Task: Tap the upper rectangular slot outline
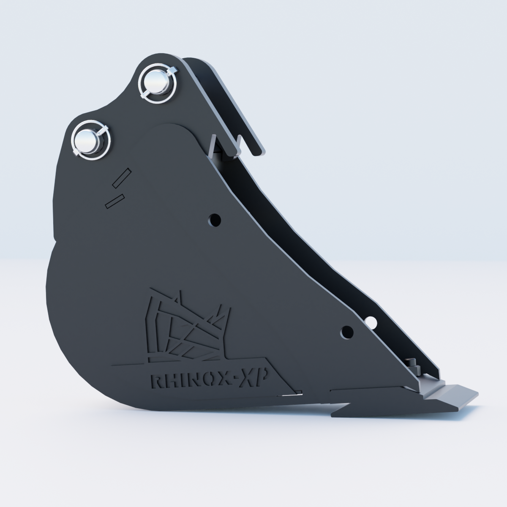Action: pos(122,178)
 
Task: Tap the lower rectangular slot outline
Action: pos(115,201)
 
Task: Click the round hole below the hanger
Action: pos(214,220)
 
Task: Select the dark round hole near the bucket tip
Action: pos(347,333)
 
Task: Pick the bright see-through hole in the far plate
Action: pos(371,322)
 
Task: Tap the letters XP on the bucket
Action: pos(254,378)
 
